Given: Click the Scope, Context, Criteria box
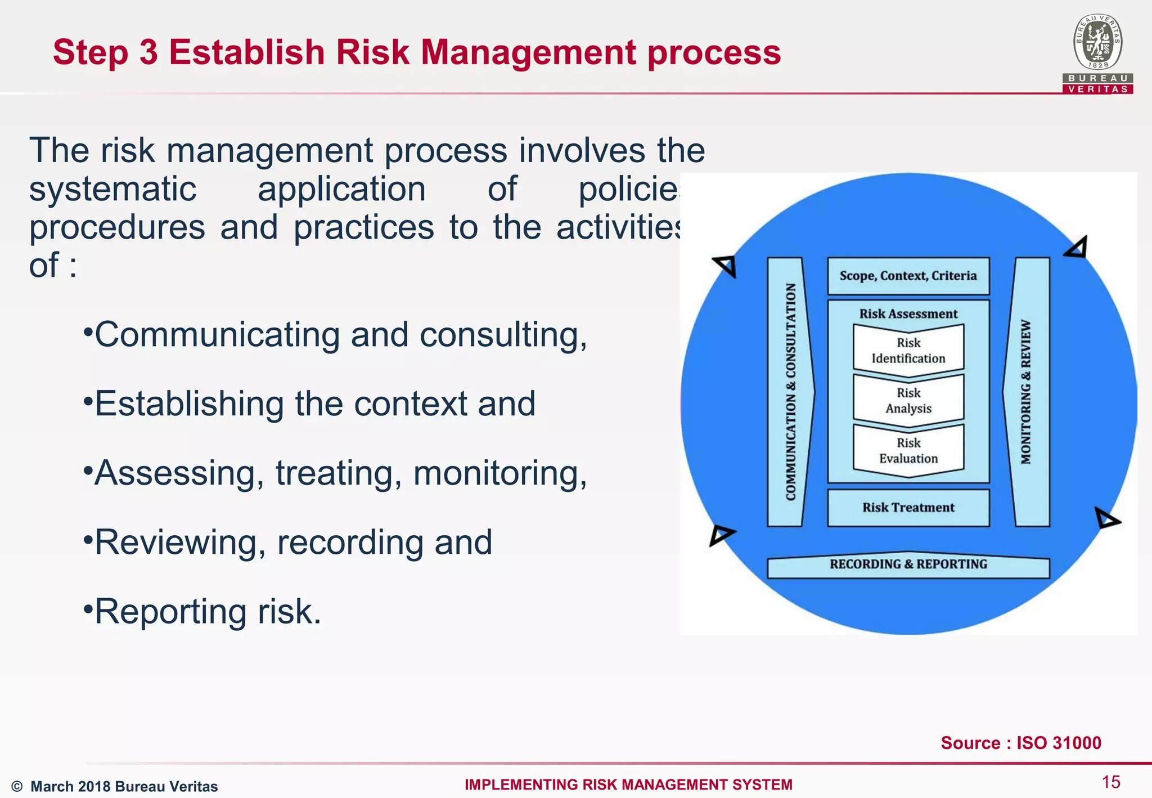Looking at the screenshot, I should click(908, 276).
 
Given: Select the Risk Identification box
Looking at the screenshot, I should click(908, 351).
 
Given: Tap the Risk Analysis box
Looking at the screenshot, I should click(908, 401).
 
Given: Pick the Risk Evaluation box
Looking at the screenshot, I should click(908, 451).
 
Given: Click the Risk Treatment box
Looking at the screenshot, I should click(908, 508).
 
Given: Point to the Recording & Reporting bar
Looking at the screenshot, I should click(908, 565).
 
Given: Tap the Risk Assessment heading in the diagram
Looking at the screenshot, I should click(908, 314).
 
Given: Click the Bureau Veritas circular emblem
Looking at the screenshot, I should click(1097, 43).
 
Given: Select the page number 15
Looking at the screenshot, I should click(1110, 782).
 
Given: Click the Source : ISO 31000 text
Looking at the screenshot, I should click(1020, 743).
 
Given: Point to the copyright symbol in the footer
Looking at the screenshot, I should click(17, 787).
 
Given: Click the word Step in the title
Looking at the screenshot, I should click(90, 52).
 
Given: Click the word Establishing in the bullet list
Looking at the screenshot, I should click(189, 404).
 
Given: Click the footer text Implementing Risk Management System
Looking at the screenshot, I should click(628, 784).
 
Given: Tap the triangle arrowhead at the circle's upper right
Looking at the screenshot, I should click(1077, 248).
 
